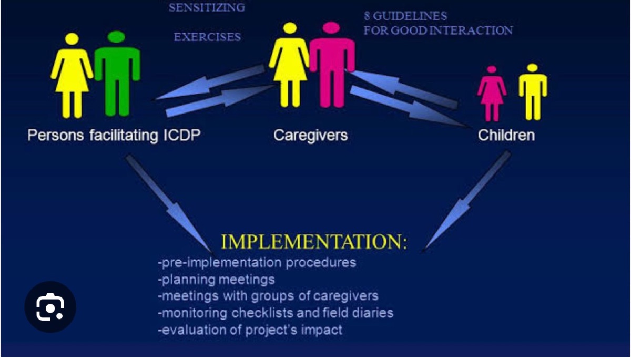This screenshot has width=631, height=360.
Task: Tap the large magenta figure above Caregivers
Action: [332, 65]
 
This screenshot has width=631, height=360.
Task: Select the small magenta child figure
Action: [492, 94]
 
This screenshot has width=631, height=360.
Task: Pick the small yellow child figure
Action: [533, 92]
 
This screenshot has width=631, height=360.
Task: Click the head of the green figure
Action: [116, 37]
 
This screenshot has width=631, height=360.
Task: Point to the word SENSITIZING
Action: [207, 7]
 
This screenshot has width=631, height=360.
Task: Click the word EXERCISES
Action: [207, 37]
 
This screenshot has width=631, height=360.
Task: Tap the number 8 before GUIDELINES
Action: [367, 16]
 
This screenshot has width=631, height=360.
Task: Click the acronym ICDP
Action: [182, 135]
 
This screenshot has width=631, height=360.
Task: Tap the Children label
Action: [506, 135]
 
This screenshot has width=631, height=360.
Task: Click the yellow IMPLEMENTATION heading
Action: [314, 242]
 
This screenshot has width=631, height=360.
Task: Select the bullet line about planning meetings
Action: [216, 280]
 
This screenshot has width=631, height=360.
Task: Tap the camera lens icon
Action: [50, 307]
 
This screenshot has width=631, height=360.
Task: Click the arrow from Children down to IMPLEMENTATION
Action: [466, 201]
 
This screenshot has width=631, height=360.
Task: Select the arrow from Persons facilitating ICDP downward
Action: [169, 203]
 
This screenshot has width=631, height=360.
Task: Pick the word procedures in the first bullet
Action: [321, 263]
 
